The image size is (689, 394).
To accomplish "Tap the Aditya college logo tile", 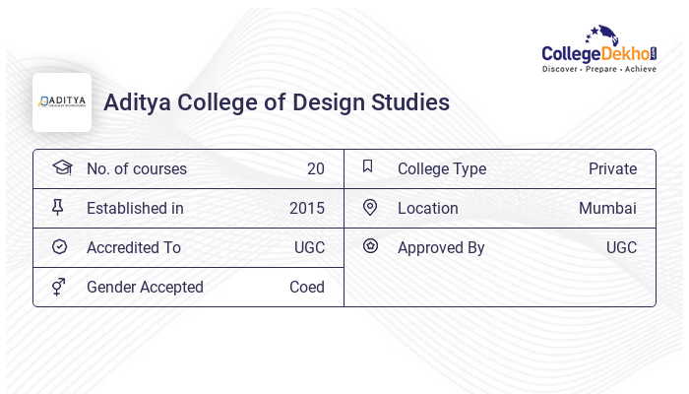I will coord(62,102).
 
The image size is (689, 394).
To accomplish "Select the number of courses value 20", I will coord(315,168).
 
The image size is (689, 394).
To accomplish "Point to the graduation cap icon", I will coord(61,167).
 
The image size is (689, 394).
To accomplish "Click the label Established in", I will coord(135,208).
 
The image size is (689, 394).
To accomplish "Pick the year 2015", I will coord(306,208).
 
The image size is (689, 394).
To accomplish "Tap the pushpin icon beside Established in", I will coord(59,207).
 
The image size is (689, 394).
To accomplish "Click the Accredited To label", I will coord(134,247).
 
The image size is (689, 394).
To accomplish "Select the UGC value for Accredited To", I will coord(309,247).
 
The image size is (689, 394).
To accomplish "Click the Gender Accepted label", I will coord(145,287).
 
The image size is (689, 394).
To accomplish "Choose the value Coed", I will coord(306,287).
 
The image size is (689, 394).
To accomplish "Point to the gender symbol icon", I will coord(59,286).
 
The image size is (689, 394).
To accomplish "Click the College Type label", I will coord(441,168).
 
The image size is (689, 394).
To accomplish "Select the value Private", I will coord(612,168).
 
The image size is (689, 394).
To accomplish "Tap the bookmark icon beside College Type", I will coord(368,166).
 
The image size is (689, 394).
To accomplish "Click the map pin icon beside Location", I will coord(369,207).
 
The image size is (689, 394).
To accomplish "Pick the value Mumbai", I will coord(607,208).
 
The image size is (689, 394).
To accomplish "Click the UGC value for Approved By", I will coord(621,247).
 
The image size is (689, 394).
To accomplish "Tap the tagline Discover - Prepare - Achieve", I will coord(599,70).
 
